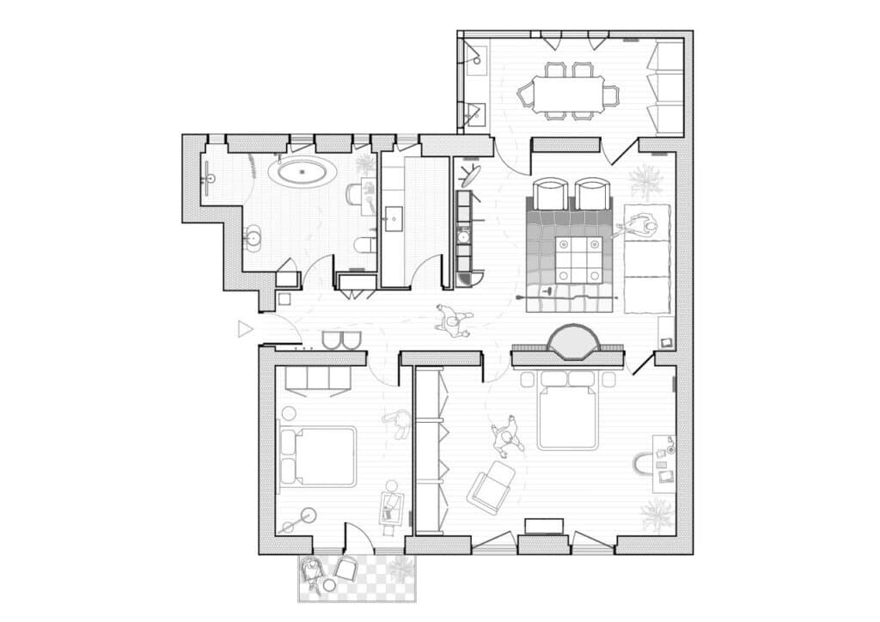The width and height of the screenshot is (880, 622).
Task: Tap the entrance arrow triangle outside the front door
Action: click(246, 328)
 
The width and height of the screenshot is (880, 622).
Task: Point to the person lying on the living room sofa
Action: click(639, 227)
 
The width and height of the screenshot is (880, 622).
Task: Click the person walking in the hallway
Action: click(452, 320)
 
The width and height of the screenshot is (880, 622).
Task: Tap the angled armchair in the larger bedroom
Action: click(491, 487)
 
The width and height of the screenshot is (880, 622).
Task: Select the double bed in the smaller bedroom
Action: click(317, 456)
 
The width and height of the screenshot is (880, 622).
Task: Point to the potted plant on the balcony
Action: click(400, 567)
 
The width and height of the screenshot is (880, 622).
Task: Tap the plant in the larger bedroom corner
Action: click(657, 515)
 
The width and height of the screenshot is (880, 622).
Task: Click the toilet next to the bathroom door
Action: click(364, 247)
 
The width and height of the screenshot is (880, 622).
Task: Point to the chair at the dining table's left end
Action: click(524, 95)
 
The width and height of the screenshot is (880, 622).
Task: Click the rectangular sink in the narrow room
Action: click(394, 218)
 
